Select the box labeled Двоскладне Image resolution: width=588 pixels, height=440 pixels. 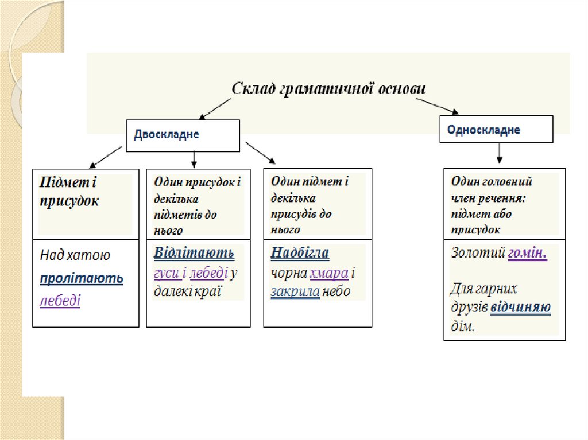tap(182, 135)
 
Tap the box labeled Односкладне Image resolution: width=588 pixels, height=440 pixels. tap(496, 130)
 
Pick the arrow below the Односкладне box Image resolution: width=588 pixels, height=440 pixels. tap(500, 153)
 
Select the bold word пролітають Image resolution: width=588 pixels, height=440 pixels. tap(82, 279)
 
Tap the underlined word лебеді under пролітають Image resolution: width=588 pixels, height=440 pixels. tap(60, 301)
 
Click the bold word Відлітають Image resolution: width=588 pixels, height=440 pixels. tap(194, 253)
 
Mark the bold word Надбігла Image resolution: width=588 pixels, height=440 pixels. tap(300, 253)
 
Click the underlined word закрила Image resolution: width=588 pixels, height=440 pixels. tap(295, 291)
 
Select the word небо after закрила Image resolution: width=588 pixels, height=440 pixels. tap(336, 291)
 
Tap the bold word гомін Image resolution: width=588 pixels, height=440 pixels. tap(527, 253)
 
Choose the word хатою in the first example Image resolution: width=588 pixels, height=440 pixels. tap(88, 256)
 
